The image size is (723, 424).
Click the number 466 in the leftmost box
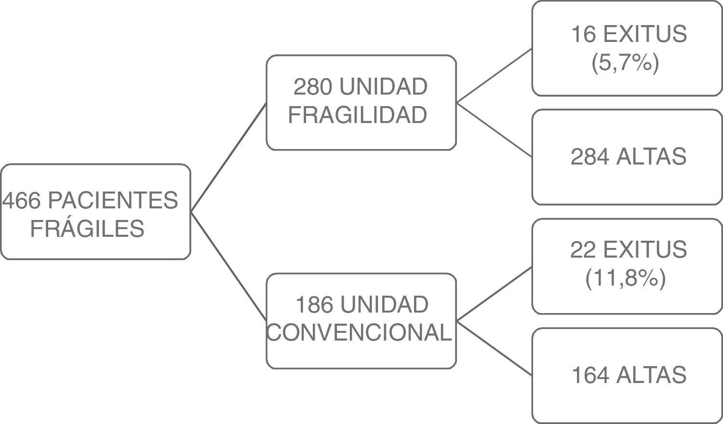click(22, 200)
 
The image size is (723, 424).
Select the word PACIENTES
click(113, 200)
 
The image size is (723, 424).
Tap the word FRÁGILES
click(87, 229)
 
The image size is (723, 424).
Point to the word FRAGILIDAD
click(358, 115)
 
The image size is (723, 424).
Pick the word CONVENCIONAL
click(359, 332)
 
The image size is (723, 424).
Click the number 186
click(314, 305)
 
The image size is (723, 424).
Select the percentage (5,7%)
click(625, 62)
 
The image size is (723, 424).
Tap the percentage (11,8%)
click(625, 278)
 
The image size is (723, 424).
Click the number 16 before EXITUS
click(583, 34)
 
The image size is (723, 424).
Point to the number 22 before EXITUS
click(583, 250)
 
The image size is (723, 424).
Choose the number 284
click(589, 157)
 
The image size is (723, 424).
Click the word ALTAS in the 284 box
click(651, 157)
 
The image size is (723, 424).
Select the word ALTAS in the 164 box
click(651, 375)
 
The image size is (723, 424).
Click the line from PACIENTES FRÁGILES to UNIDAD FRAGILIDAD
click(228, 157)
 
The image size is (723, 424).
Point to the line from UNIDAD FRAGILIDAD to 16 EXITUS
click(494, 76)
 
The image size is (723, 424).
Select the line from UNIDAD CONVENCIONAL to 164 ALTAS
click(494, 348)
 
